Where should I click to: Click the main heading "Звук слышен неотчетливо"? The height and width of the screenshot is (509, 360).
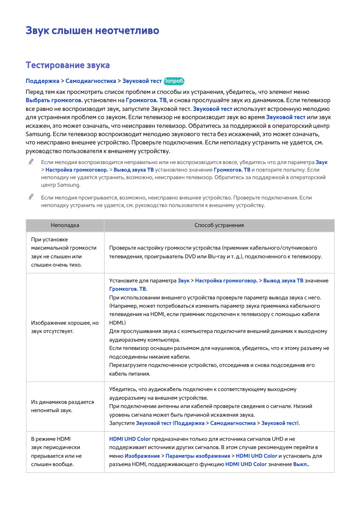click(x=92, y=31)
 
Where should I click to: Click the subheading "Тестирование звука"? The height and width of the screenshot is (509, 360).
click(x=68, y=65)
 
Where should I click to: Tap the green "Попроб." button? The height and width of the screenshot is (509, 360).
click(x=174, y=81)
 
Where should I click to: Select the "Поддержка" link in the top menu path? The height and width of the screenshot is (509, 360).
click(x=42, y=81)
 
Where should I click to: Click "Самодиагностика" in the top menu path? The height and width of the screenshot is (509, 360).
click(x=91, y=81)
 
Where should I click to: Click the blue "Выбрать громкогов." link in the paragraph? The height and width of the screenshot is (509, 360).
click(x=54, y=100)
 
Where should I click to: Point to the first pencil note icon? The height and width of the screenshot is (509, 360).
click(x=31, y=162)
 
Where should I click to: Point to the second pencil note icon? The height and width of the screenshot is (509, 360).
click(x=31, y=197)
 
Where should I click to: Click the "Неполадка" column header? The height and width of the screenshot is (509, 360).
click(x=65, y=225)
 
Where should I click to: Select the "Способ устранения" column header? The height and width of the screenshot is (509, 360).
click(x=219, y=225)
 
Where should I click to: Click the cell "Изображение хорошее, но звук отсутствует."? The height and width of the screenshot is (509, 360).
click(x=65, y=327)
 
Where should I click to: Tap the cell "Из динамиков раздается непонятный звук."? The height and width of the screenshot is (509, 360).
click(x=62, y=406)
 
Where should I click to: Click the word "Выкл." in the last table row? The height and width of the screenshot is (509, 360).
click(x=301, y=465)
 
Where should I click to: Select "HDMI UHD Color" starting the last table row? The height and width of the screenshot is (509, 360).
click(x=130, y=439)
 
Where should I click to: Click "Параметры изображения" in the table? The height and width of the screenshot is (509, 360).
click(x=198, y=456)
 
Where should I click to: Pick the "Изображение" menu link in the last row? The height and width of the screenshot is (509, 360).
click(x=142, y=456)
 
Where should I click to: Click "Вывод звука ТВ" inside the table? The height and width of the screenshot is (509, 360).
click(x=283, y=281)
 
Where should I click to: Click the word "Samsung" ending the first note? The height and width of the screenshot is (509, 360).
click(x=69, y=185)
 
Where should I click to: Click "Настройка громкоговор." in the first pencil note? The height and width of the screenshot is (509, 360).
click(x=77, y=170)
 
